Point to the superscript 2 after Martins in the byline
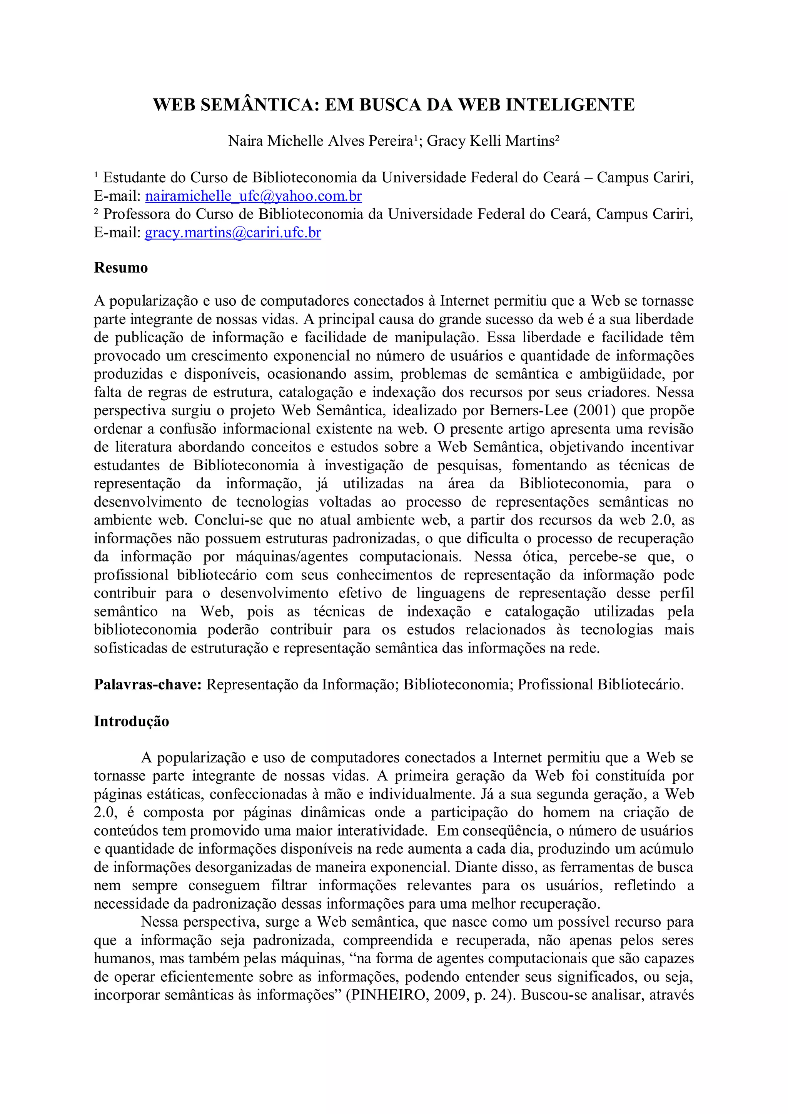558,138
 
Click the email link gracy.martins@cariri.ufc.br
233,233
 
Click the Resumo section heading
121,268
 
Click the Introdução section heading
132,721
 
